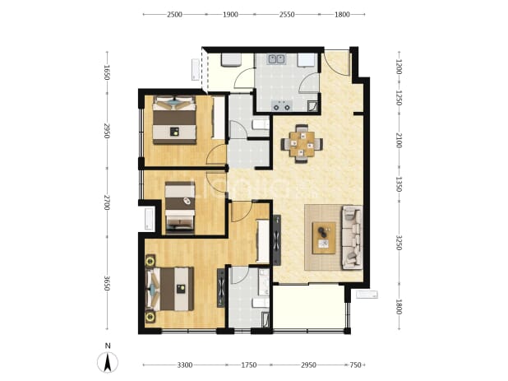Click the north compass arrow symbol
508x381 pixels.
click(108, 362)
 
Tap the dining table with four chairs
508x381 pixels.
click(302, 144)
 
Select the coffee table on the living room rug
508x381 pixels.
click(324, 238)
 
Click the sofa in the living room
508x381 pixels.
click(352, 237)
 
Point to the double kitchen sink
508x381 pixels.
click(276, 59)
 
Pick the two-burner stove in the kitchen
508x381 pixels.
click(282, 105)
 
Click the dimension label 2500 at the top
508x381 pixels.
click(174, 15)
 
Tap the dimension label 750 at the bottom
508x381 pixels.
click(355, 365)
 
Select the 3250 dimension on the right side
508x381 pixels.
click(399, 243)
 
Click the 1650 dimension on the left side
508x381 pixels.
click(107, 72)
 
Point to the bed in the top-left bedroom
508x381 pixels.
click(174, 120)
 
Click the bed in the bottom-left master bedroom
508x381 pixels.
click(170, 289)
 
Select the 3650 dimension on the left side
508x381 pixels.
click(107, 283)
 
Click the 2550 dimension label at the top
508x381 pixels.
click(286, 15)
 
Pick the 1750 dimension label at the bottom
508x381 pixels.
click(249, 365)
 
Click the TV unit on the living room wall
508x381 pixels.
click(277, 240)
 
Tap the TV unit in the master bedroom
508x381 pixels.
click(221, 288)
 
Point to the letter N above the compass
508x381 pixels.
click(108, 346)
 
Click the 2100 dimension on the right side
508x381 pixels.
click(399, 141)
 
